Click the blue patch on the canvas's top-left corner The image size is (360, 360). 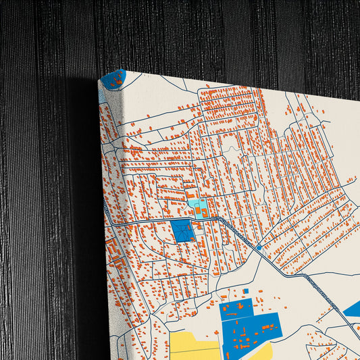click(x=115, y=78)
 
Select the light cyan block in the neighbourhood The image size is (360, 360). click(x=198, y=207)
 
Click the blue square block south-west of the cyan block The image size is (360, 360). click(x=182, y=231)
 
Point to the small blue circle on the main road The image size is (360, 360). click(x=259, y=248)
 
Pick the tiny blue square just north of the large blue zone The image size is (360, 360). click(x=246, y=291)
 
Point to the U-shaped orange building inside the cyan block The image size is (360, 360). click(x=199, y=211)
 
